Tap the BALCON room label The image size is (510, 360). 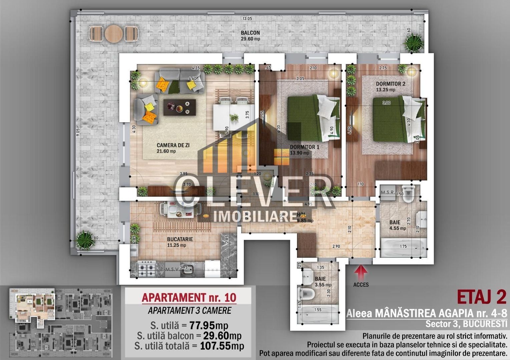250,33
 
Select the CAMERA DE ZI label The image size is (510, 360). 173,145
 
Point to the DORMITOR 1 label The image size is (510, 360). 304,147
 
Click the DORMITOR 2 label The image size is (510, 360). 390,84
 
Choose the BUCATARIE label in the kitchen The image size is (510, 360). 180,239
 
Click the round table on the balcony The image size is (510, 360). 114,34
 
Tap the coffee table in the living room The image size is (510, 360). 179,107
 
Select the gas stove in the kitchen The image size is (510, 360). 147,268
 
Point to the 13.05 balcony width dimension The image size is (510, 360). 247,19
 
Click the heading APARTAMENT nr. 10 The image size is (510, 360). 189,297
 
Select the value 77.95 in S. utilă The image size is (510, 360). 202,325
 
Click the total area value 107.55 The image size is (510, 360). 215,346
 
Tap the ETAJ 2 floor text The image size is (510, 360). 481,297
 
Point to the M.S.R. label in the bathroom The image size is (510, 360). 388,193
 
